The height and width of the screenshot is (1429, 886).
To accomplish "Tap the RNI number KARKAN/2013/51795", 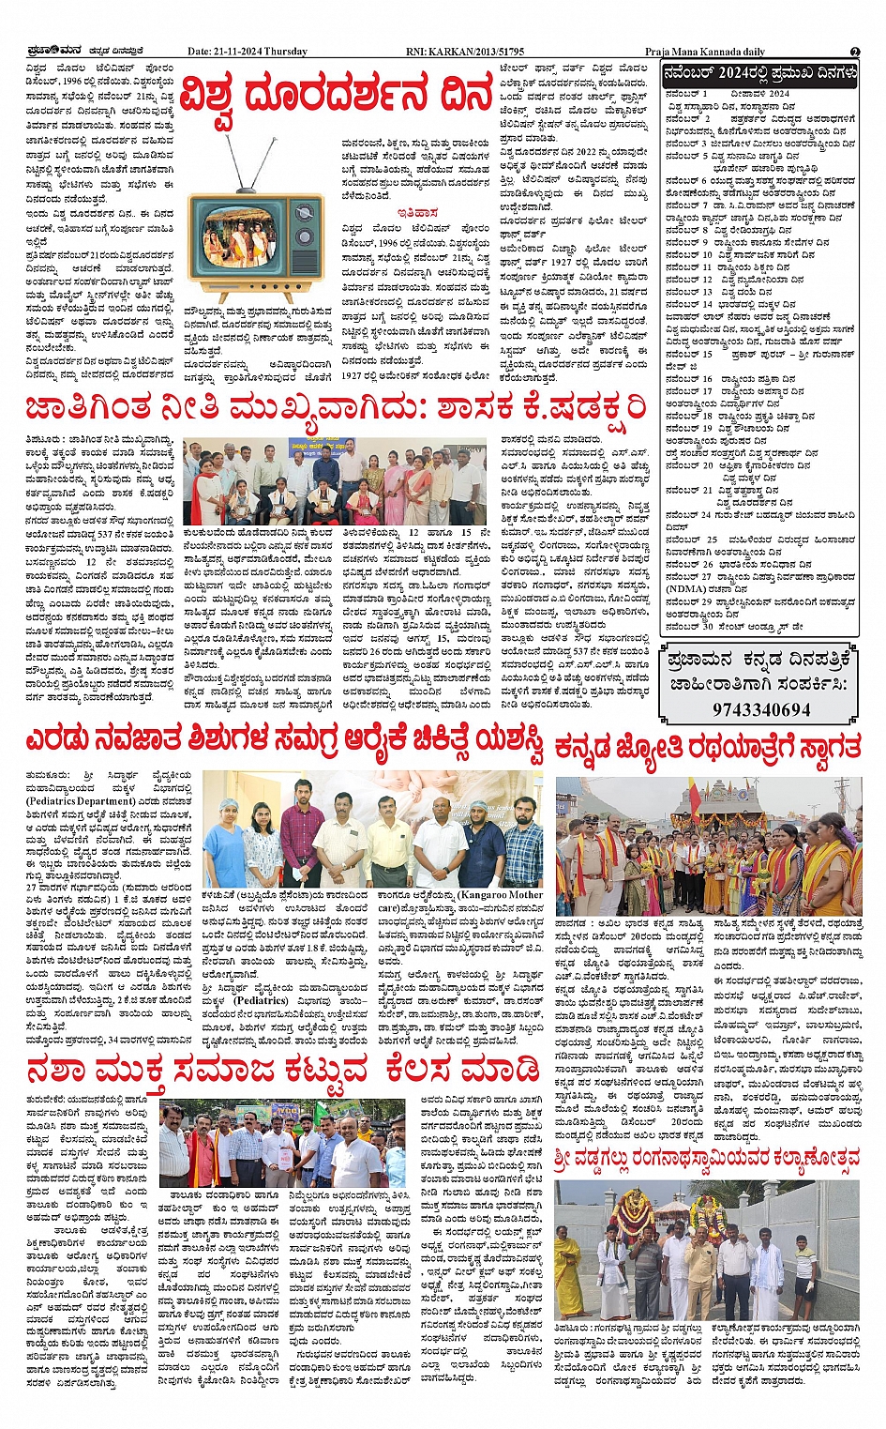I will pos(480,52).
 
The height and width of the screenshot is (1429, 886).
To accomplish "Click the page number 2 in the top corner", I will pos(855,52).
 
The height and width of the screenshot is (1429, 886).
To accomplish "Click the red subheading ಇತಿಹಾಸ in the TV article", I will pos(416,213).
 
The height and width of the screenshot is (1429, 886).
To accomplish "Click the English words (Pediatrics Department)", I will pos(80,801).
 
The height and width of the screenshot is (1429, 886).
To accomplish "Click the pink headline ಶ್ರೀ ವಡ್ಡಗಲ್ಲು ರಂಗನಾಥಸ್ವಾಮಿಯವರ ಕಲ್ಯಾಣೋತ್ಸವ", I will pos(707,1159).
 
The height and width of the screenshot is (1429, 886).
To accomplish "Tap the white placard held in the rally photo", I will pos(278,1155).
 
